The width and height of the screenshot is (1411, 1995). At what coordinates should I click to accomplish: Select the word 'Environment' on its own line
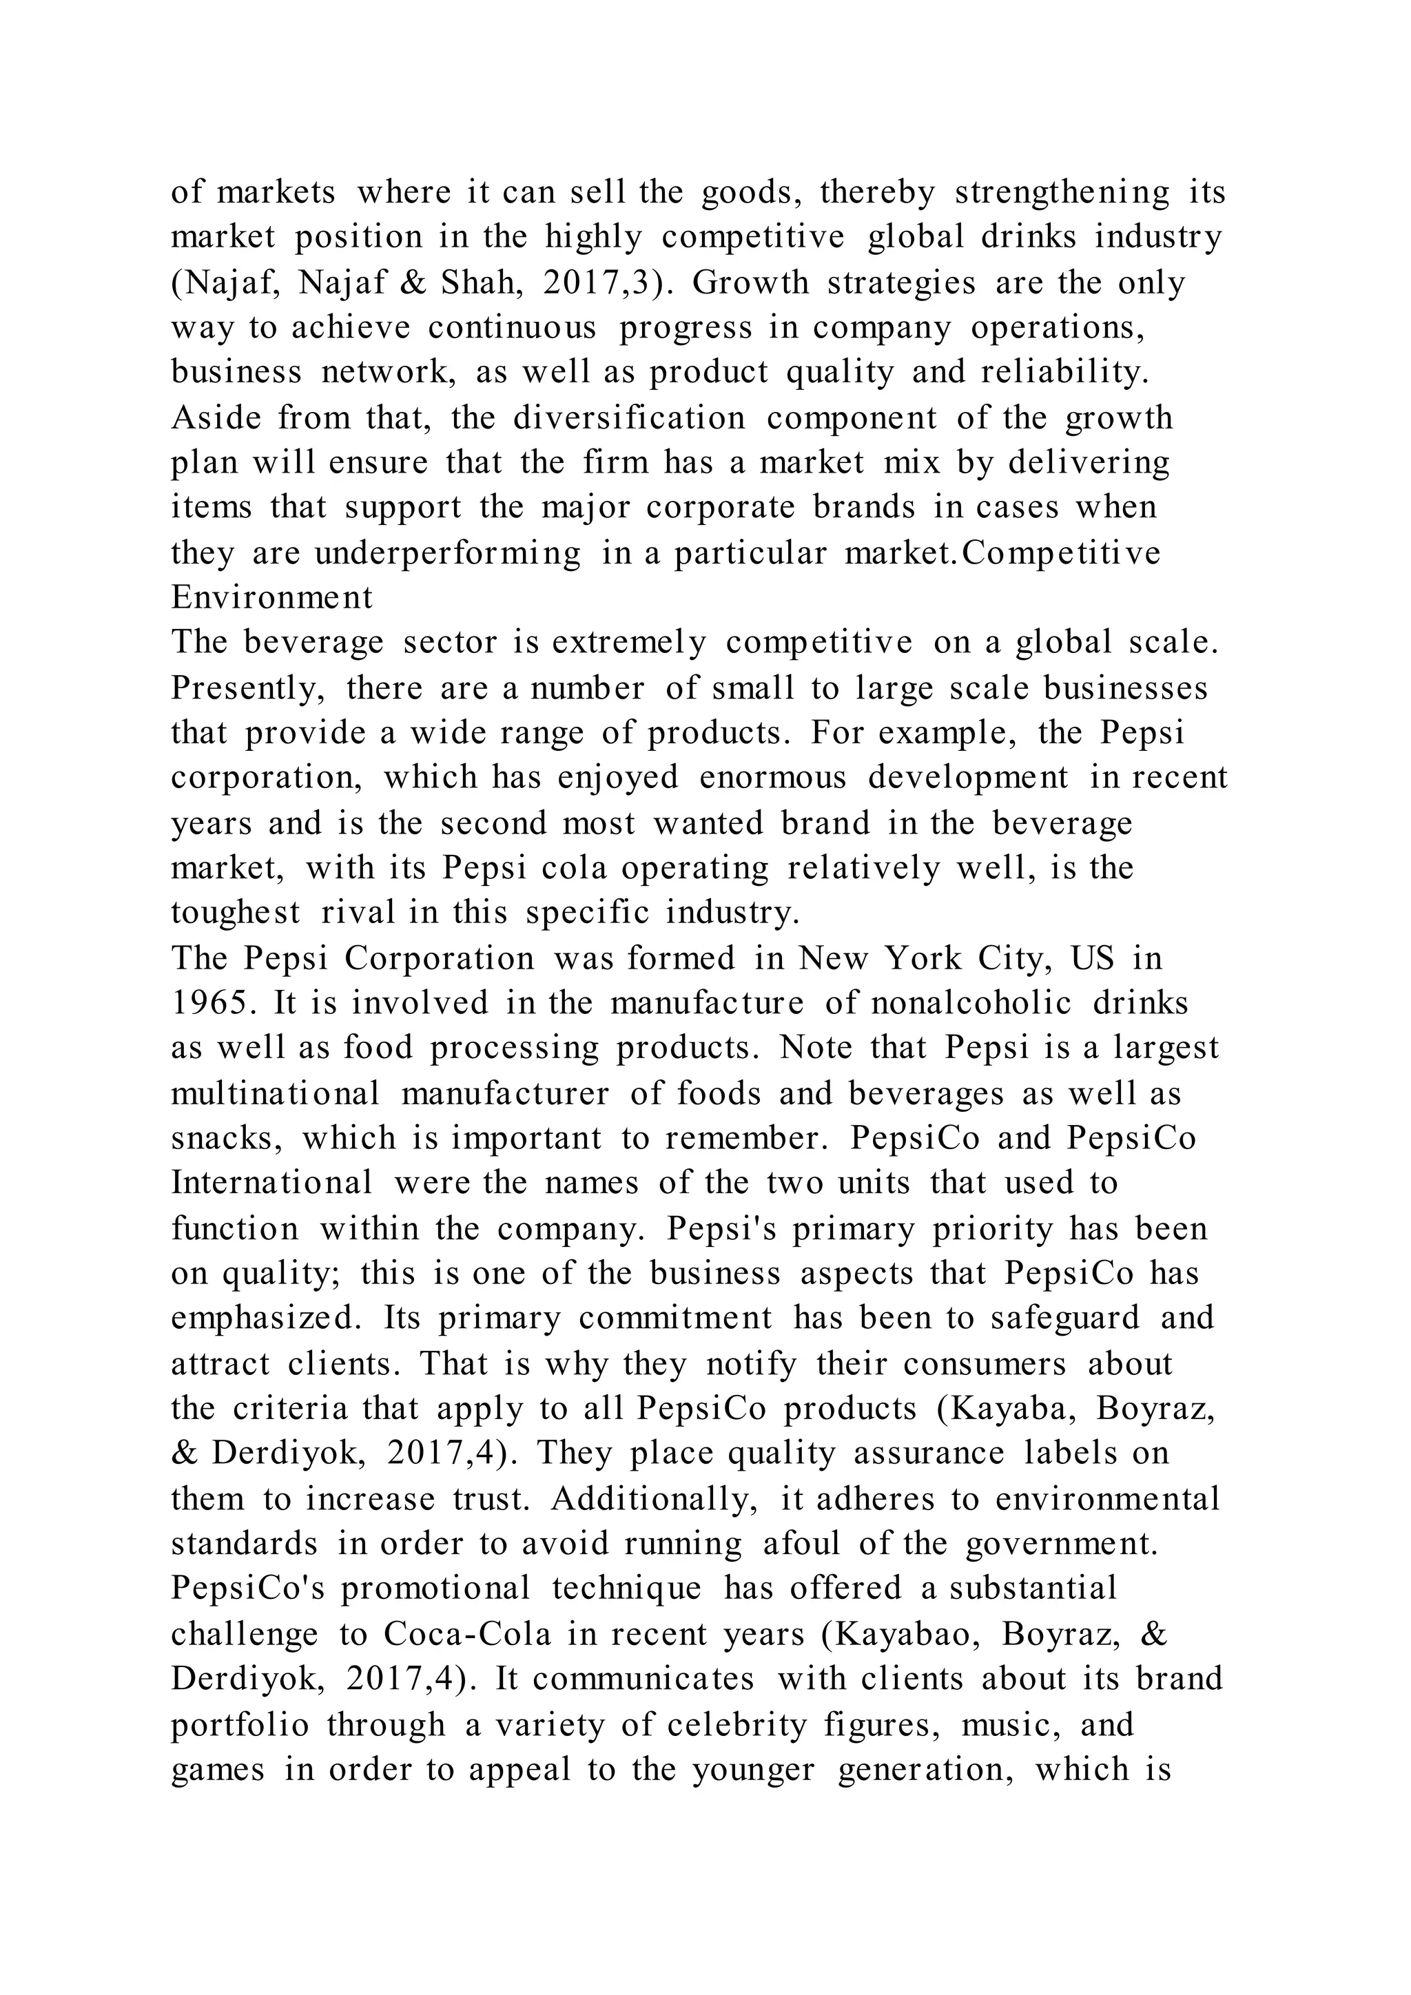coord(271,598)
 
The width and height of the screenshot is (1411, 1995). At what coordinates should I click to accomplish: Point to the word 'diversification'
coord(629,418)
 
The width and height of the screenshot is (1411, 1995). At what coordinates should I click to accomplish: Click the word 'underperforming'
coord(447,553)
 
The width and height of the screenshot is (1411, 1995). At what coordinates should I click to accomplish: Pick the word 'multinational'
coord(276,1094)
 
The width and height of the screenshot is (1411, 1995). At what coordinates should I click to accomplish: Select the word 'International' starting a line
coord(271,1183)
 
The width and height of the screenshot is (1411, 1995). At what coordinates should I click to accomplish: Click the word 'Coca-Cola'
coord(467,1635)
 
